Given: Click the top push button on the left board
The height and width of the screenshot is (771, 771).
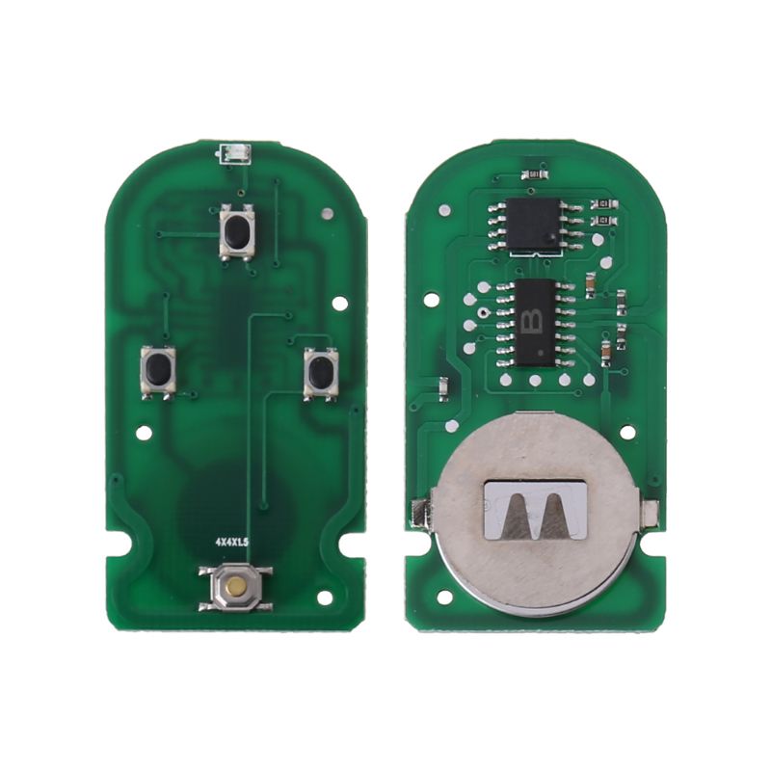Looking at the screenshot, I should [x=237, y=231].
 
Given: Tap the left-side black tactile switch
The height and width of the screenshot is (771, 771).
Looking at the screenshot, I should [x=158, y=370].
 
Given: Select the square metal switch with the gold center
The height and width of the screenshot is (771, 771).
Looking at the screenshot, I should [x=234, y=586].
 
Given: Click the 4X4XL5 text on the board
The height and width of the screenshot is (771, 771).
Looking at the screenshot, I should [x=231, y=545].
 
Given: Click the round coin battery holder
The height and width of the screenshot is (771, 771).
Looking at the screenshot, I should [x=533, y=514].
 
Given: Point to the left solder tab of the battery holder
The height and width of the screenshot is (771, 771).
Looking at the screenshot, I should [x=419, y=513].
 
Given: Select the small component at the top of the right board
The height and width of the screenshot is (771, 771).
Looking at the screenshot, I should [x=533, y=173].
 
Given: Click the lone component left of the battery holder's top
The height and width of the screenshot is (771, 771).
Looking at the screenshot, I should [x=442, y=388].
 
